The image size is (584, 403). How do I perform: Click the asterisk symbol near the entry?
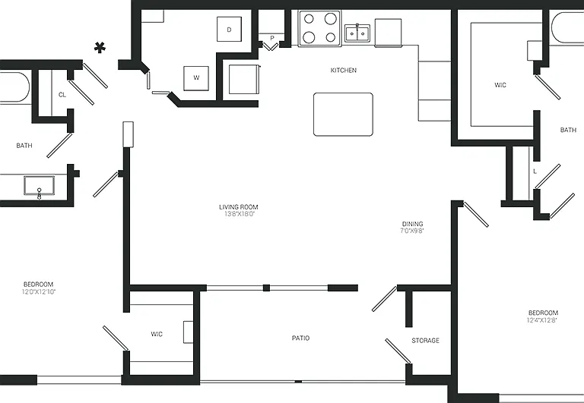pyautogui.click(x=100, y=48)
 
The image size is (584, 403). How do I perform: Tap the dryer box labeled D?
pyautogui.click(x=229, y=29)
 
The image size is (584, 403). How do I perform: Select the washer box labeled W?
pyautogui.click(x=196, y=78)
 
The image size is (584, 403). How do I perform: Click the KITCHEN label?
pyautogui.click(x=344, y=70)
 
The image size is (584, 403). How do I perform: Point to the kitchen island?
pyautogui.click(x=343, y=114)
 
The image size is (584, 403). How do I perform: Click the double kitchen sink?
pyautogui.click(x=357, y=33)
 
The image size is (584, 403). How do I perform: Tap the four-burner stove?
pyautogui.click(x=319, y=28)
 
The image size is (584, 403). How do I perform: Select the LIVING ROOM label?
pyautogui.click(x=238, y=207)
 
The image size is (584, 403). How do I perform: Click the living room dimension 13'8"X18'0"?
pyautogui.click(x=238, y=214)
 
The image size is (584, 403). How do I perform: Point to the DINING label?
pyautogui.click(x=412, y=224)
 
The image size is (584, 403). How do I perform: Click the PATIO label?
pyautogui.click(x=300, y=338)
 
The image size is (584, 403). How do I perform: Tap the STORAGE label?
pyautogui.click(x=425, y=340)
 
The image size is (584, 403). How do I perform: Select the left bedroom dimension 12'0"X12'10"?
pyautogui.click(x=39, y=292)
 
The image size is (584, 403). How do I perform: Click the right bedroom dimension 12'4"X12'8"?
pyautogui.click(x=542, y=320)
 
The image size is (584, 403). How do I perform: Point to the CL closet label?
pyautogui.click(x=62, y=95)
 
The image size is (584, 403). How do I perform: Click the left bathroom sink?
pyautogui.click(x=39, y=185)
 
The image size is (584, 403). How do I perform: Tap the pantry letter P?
pyautogui.click(x=272, y=38)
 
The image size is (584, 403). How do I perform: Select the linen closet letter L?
pyautogui.click(x=535, y=172)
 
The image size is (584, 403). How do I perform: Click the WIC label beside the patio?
pyautogui.click(x=157, y=334)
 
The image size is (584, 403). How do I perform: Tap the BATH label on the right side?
pyautogui.click(x=568, y=130)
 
